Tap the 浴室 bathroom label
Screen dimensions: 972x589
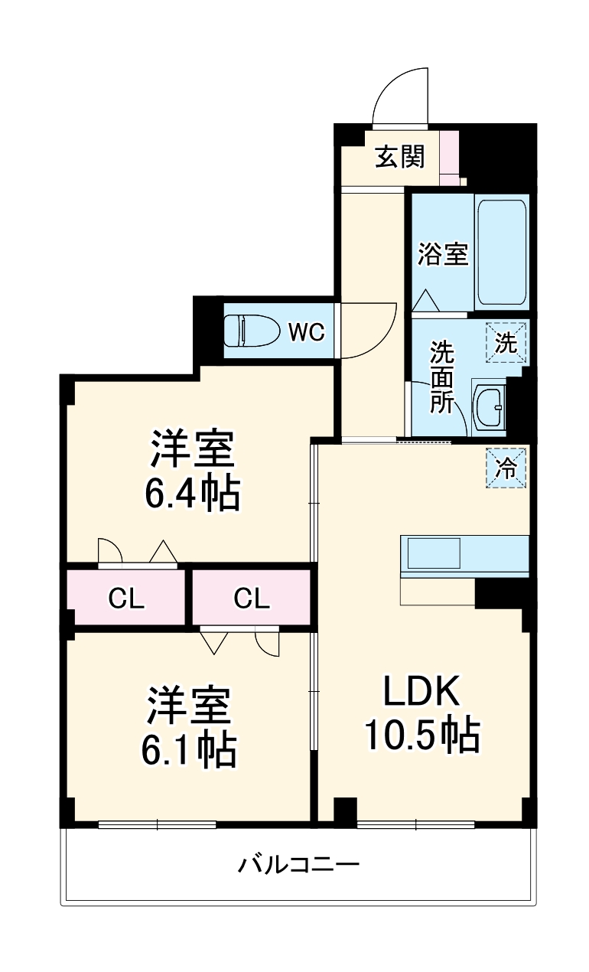coord(443,253)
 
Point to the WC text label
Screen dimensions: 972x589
coord(307,332)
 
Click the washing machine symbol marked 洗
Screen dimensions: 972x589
coord(506,342)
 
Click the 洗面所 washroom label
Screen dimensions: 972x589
coord(441,377)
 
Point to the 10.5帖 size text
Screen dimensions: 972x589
coord(421,736)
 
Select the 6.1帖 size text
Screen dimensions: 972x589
coord(188,750)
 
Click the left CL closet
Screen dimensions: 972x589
coord(126,599)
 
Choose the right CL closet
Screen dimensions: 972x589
coord(252,599)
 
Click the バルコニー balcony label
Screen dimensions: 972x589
coord(298,866)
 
